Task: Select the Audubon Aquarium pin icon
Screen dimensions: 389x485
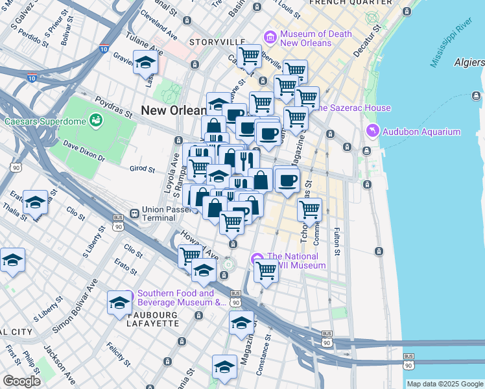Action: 373,132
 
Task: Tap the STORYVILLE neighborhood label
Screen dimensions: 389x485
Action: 215,41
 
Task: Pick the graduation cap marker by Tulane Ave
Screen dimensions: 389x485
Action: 145,62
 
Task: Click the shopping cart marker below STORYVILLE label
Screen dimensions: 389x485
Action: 249,56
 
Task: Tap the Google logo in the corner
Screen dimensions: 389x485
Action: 21,381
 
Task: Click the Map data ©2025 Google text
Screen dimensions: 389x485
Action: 444,384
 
